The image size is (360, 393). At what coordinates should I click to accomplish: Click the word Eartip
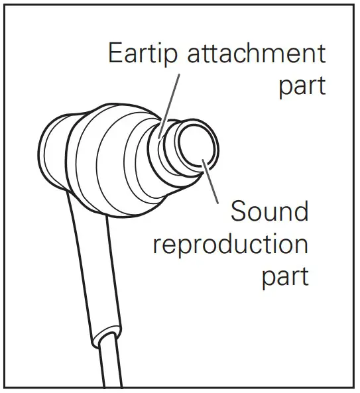tap(143, 54)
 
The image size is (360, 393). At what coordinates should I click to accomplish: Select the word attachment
tap(257, 53)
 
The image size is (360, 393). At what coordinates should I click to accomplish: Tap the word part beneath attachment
tap(302, 86)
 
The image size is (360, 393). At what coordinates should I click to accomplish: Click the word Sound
tap(269, 211)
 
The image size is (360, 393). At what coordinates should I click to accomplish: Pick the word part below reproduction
tap(285, 278)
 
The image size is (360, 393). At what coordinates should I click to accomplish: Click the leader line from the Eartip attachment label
tap(168, 106)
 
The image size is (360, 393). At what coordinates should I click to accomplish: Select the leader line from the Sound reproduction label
tap(210, 181)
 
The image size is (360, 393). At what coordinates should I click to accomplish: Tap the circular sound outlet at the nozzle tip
tap(197, 147)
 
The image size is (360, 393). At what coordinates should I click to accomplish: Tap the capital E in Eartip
tap(116, 53)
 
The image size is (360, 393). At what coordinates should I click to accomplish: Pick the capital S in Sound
tap(239, 211)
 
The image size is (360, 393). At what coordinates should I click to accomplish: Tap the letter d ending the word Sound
tap(302, 211)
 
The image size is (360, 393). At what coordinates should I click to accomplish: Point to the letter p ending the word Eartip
tap(171, 57)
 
